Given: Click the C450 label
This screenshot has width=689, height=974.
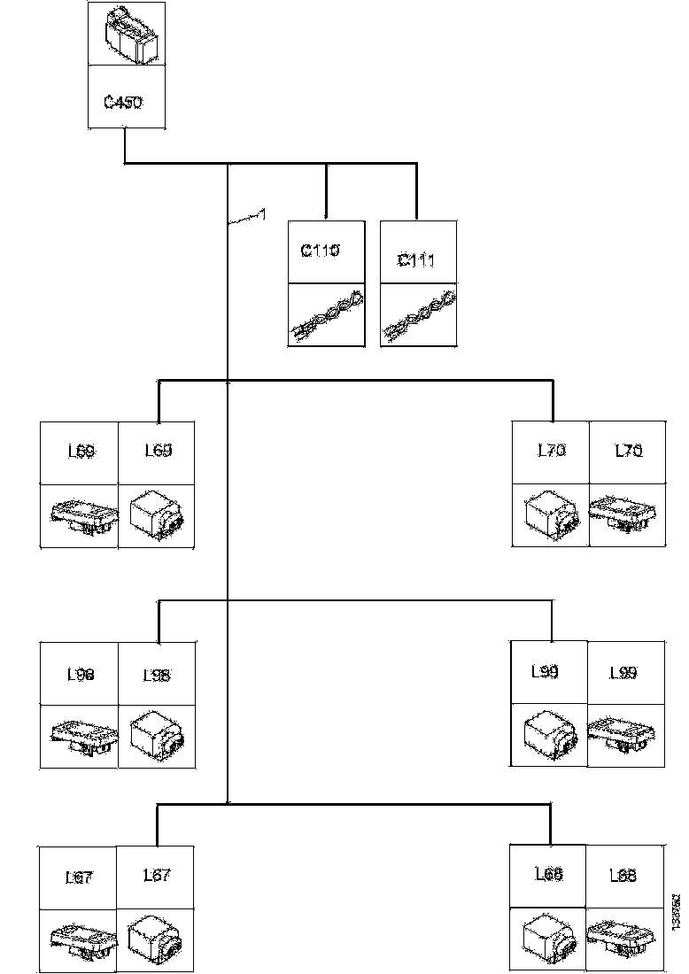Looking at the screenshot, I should [123, 102].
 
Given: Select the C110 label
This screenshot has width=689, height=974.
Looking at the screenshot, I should [321, 251].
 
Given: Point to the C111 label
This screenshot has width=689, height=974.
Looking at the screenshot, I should [416, 260].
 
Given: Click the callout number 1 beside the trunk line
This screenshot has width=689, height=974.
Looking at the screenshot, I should [261, 213].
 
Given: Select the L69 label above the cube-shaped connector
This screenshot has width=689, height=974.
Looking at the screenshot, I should [158, 451].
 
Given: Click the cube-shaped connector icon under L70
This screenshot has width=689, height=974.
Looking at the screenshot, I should [550, 516].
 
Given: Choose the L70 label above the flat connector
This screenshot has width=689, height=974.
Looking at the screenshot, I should [628, 451].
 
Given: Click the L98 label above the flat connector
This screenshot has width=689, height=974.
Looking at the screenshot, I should [81, 674].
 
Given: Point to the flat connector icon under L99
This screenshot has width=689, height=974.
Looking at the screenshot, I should [626, 735].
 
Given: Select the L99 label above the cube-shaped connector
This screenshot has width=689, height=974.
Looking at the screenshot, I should [546, 672].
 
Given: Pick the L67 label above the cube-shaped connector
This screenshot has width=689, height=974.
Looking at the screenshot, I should [157, 876].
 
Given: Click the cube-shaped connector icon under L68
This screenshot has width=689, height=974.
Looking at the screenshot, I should [549, 940].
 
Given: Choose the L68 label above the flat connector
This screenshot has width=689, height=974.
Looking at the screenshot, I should [623, 876].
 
